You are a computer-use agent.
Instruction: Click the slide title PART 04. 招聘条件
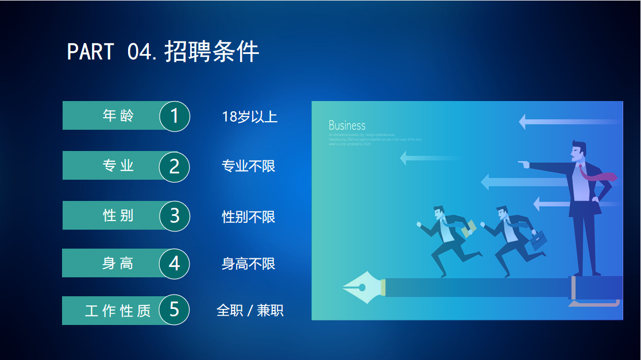tap(163, 52)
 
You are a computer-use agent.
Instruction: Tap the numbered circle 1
tap(175, 116)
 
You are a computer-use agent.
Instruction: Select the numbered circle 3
tap(175, 216)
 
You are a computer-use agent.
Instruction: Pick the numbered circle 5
tap(175, 310)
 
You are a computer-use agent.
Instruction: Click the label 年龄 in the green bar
tap(118, 116)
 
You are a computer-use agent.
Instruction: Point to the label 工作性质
tap(118, 311)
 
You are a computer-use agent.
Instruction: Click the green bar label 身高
tap(118, 263)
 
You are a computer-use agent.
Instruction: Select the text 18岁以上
tap(249, 117)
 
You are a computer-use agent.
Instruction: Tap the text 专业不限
tap(248, 166)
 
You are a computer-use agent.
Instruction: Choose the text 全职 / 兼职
tap(250, 311)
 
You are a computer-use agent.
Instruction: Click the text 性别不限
tap(248, 216)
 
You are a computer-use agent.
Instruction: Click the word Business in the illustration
tap(347, 125)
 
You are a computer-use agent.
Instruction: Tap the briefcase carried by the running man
tap(539, 240)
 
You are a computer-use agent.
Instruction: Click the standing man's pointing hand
tap(523, 165)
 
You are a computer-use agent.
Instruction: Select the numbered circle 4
tap(175, 263)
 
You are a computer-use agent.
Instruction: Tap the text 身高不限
tap(248, 264)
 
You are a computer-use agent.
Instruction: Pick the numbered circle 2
tap(175, 166)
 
